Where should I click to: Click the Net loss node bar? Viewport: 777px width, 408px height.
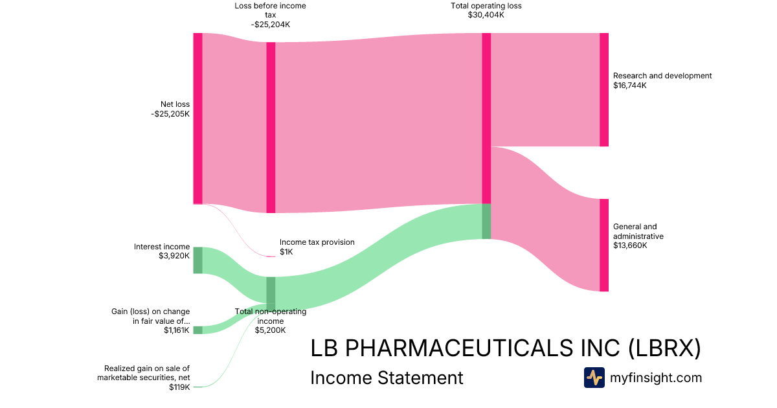point(197,119)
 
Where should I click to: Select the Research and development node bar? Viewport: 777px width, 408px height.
point(604,89)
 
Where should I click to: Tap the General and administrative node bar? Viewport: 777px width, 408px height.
point(604,245)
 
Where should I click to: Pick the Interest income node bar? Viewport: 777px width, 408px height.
point(197,260)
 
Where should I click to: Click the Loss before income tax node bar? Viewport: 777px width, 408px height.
point(271,127)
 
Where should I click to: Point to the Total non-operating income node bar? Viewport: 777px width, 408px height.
point(271,293)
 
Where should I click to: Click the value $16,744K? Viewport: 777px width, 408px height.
point(630,85)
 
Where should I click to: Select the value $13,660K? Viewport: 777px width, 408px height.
point(630,246)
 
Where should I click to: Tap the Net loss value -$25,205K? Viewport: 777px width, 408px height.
point(170,114)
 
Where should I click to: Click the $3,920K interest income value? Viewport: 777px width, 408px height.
point(174,256)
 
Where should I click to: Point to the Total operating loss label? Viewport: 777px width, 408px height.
point(486,6)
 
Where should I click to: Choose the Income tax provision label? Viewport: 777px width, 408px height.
point(317,242)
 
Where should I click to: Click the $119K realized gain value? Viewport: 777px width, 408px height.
point(179,387)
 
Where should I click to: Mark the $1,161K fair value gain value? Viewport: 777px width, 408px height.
point(177,330)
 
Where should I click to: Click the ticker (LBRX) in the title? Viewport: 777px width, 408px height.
point(664,348)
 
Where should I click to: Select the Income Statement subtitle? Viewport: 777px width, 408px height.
point(387,378)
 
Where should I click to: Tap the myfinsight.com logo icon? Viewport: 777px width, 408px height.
point(594,378)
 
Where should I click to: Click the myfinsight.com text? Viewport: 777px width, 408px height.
point(656,378)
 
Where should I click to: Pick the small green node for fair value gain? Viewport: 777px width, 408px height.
point(197,330)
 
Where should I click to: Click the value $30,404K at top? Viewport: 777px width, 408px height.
point(486,15)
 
